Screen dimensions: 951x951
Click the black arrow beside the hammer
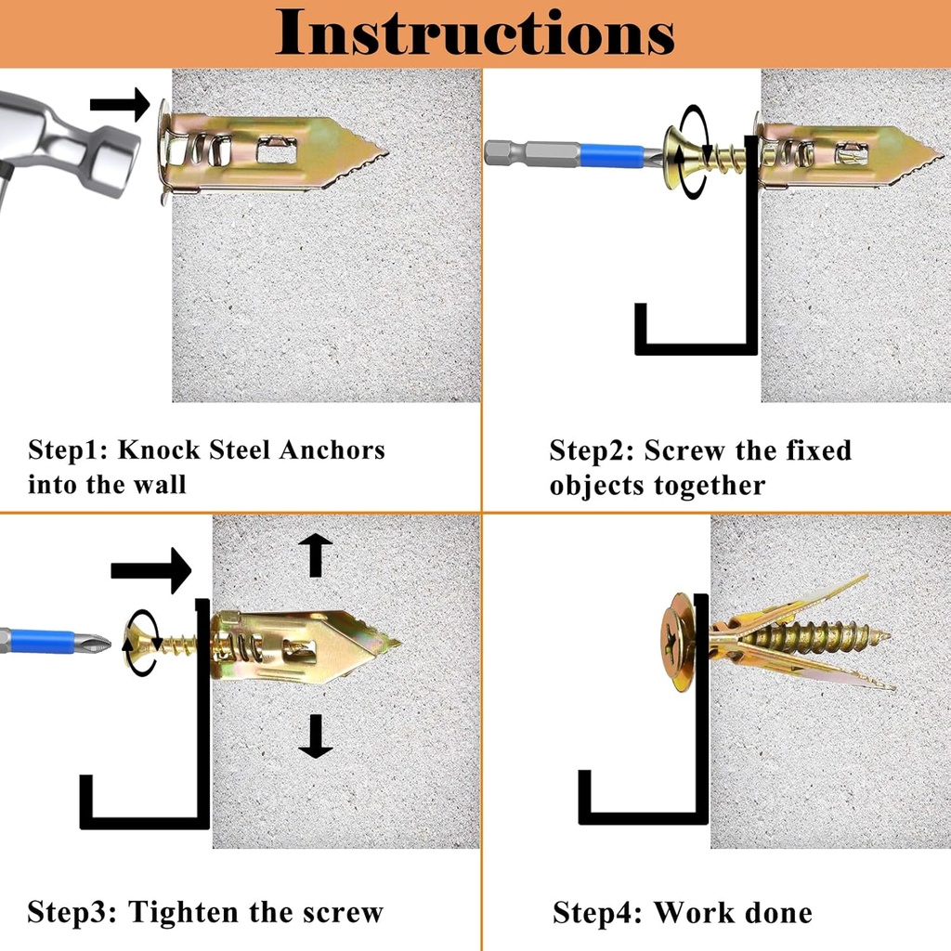tap(121, 104)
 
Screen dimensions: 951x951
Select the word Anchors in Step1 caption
tap(332, 451)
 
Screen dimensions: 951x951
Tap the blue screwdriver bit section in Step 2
tap(608, 152)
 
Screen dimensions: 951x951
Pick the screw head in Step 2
tap(678, 156)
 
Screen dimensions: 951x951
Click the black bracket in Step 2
tap(697, 347)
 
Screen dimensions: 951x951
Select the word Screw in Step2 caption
tap(683, 451)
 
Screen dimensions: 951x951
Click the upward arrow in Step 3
tap(316, 554)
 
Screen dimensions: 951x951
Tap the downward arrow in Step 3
tap(316, 736)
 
